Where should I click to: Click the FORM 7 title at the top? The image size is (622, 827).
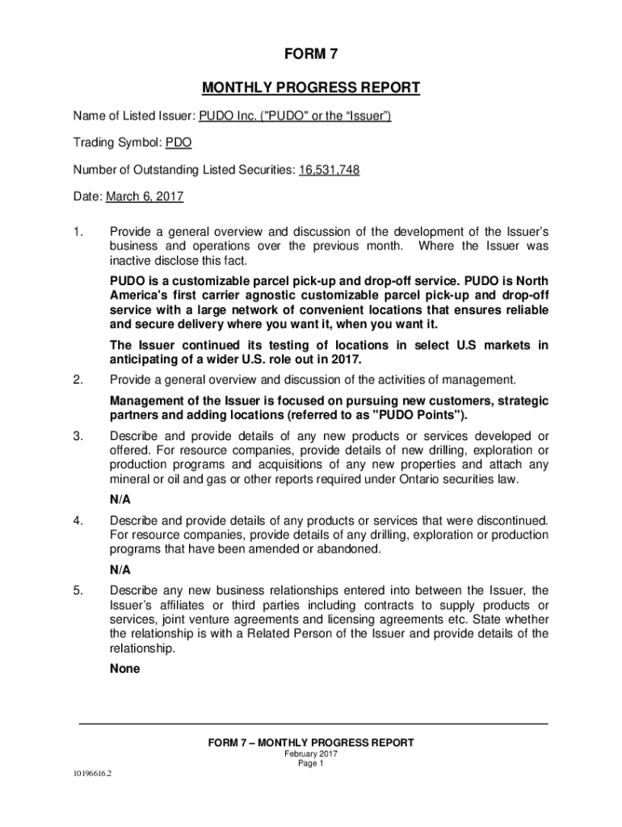[x=311, y=55]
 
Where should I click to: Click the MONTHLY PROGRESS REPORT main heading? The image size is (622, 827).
[x=311, y=87]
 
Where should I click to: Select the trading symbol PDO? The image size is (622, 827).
[x=179, y=143]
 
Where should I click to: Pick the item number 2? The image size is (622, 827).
[x=78, y=380]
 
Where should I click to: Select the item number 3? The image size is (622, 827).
[x=78, y=436]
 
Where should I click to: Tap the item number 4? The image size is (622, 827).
[x=78, y=518]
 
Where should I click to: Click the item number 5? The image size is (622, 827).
[x=78, y=590]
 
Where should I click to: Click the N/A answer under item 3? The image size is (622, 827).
[x=120, y=499]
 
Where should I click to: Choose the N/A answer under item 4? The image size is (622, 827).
[x=120, y=569]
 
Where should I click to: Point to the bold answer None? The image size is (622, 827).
[x=125, y=669]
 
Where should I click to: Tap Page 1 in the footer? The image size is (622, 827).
[x=311, y=763]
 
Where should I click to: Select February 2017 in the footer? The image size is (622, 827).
[x=311, y=754]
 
